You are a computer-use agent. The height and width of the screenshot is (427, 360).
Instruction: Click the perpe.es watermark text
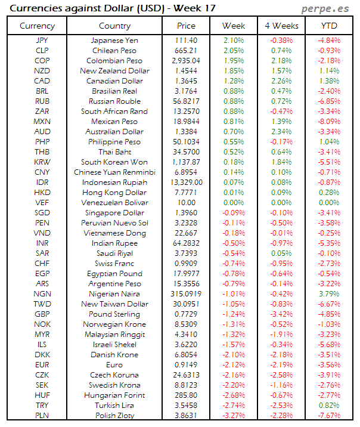coord(326,8)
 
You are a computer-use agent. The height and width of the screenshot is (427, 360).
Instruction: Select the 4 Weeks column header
coord(281,26)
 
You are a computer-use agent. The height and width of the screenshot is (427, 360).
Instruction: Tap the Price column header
coord(186,26)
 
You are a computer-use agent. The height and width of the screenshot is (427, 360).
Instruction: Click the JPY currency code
coord(42,41)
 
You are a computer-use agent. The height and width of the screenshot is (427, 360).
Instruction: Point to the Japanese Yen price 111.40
coord(186,41)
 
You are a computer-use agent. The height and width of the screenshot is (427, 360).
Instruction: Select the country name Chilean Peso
coord(114,51)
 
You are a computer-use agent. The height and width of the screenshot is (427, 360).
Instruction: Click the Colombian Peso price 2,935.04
coord(186,61)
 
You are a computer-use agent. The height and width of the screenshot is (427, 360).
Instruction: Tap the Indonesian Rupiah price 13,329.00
coord(186,182)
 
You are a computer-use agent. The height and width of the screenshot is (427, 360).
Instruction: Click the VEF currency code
coord(42,203)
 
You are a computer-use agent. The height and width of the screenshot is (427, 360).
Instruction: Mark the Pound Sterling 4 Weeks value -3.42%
coord(281,314)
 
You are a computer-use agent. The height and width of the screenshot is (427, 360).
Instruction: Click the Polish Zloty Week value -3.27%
coord(233,416)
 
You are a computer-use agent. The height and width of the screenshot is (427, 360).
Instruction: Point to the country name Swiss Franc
coord(114,264)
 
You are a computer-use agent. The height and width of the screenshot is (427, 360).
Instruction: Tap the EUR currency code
coord(42,365)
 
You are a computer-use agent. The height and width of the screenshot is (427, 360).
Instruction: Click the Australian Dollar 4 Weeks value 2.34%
coord(281,132)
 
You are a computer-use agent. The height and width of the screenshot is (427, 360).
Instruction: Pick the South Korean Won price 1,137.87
coord(186,162)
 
